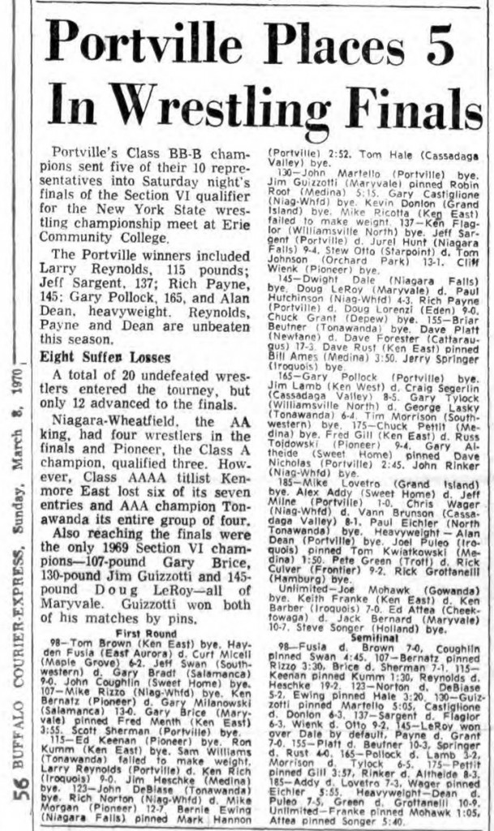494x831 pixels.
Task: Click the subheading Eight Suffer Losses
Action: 105,357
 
